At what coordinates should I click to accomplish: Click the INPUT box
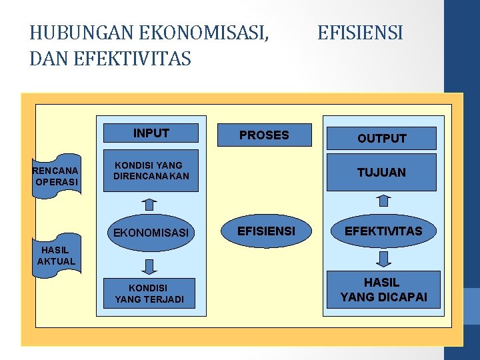[x=151, y=133]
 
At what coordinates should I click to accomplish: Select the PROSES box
[x=264, y=135]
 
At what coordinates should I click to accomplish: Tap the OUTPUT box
[x=381, y=138]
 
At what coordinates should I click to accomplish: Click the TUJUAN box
[x=381, y=173]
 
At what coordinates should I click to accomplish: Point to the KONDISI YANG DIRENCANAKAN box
[x=151, y=171]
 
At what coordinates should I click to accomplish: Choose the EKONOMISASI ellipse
[x=151, y=233]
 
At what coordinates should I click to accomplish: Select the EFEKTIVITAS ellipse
[x=383, y=231]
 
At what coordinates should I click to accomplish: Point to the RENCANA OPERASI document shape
[x=57, y=175]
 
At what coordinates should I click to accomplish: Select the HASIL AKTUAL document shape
[x=57, y=256]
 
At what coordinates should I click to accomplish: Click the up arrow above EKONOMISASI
[x=149, y=203]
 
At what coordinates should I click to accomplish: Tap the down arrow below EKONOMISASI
[x=149, y=267]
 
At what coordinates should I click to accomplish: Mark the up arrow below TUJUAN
[x=383, y=199]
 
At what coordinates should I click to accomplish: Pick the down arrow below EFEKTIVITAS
[x=383, y=259]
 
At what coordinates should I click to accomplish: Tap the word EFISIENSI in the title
[x=360, y=32]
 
